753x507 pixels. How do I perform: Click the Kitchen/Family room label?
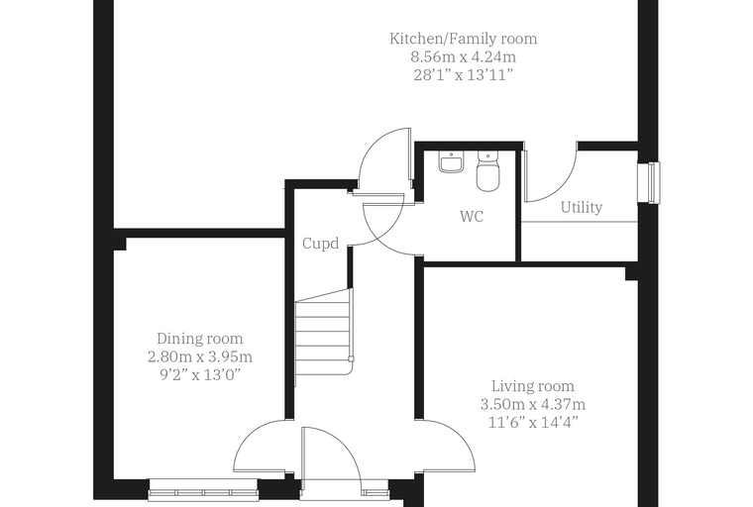tap(463, 39)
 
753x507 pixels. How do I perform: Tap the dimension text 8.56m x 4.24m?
tap(463, 57)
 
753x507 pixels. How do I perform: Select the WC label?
tap(472, 217)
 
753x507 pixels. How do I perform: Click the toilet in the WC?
tap(487, 171)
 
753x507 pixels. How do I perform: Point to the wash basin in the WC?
tap(451, 161)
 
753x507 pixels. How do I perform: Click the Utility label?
tap(582, 207)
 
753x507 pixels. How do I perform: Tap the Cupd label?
tap(321, 244)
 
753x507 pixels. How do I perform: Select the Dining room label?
tap(200, 339)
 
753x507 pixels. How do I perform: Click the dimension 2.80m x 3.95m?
tap(200, 357)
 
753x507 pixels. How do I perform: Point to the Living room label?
tap(533, 386)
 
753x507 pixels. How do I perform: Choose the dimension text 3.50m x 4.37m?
tap(533, 404)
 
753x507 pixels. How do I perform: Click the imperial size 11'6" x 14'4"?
tap(533, 423)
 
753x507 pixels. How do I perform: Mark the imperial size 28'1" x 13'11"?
tap(463, 75)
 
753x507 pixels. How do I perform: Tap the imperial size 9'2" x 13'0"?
tap(200, 375)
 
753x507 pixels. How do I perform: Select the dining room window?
tap(203, 490)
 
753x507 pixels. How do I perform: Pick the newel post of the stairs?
tap(352, 358)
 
